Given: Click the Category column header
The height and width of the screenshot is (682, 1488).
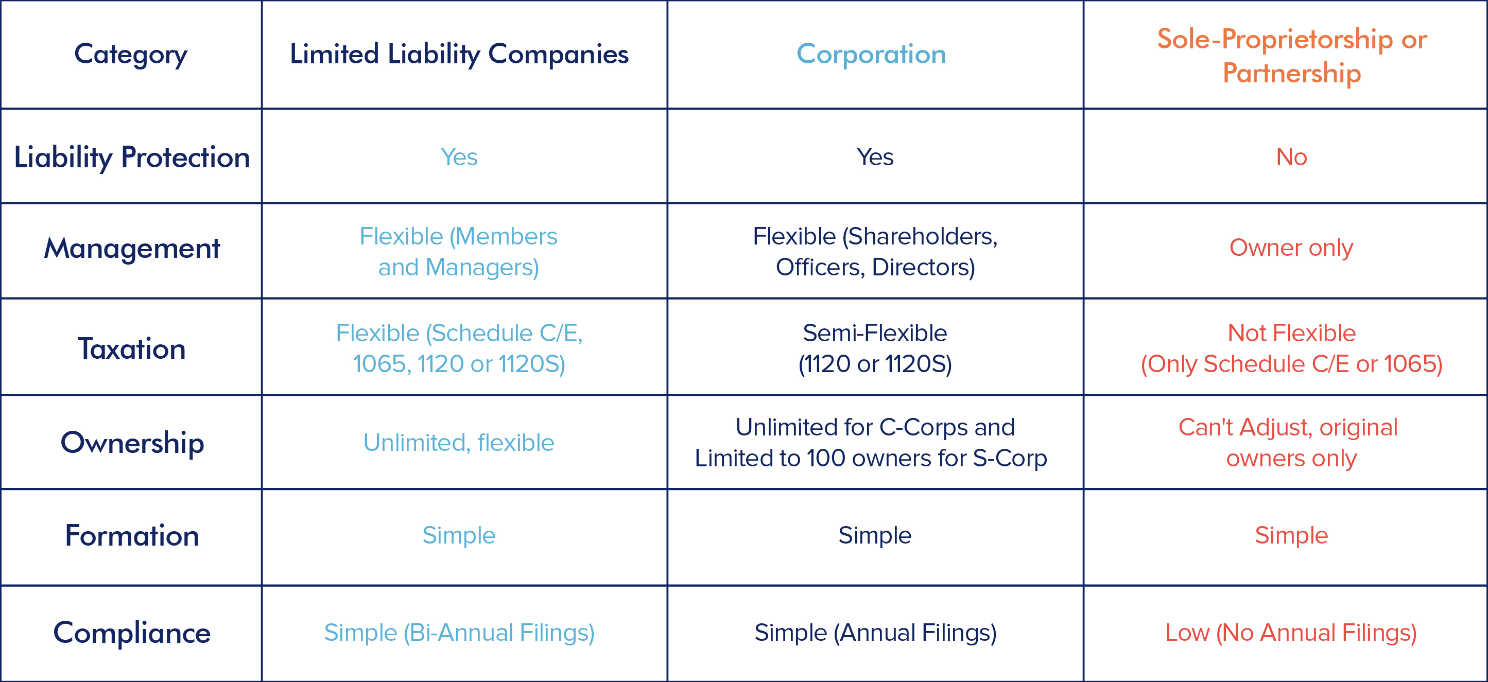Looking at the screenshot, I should [x=131, y=54].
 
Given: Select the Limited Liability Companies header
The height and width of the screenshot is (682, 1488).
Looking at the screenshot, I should [x=459, y=54].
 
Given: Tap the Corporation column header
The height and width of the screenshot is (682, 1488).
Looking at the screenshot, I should [x=871, y=54].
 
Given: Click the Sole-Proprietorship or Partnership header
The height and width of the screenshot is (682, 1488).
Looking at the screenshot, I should [x=1292, y=56].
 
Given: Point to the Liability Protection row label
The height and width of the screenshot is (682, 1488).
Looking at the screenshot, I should [x=132, y=157].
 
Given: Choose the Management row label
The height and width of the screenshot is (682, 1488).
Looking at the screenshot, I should [x=132, y=248].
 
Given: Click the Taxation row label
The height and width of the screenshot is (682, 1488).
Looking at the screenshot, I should [x=132, y=349].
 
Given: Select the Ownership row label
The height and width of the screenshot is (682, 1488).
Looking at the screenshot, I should [x=132, y=443].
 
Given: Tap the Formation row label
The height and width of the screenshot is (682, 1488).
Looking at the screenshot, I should [x=132, y=535].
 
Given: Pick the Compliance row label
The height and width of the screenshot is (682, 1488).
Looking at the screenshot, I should [x=132, y=633].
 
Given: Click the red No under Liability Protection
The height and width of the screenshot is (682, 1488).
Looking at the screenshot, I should [x=1292, y=157].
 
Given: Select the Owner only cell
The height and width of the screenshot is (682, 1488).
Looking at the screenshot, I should [x=1292, y=248].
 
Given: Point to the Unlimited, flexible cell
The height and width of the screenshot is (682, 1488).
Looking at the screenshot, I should [x=459, y=443].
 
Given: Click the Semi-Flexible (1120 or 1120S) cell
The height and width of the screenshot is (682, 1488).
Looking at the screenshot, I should [x=875, y=348].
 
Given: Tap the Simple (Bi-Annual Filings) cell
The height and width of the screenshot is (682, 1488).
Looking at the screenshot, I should [x=459, y=633].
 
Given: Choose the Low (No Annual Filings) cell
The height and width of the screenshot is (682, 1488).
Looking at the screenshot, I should [x=1292, y=633].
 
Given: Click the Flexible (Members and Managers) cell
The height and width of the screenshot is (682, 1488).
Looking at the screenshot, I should [x=459, y=252].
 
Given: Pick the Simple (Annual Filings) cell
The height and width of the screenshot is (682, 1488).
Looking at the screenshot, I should [x=875, y=633].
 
